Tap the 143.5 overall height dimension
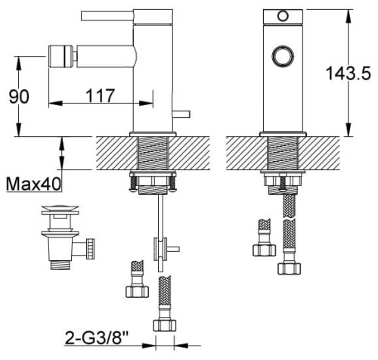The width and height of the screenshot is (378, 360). tap(342, 74)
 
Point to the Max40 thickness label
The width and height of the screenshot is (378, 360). tap(34, 183)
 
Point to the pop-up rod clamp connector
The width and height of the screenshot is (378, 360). tap(163, 247)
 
